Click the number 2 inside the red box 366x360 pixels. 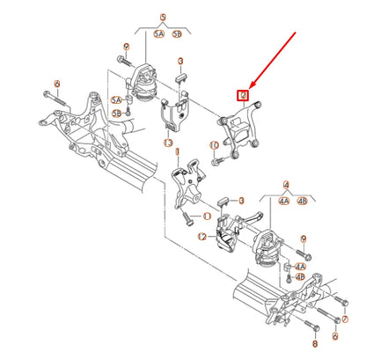243,95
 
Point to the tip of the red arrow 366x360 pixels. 249,88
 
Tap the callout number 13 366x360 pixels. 168,143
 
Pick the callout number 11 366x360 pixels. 206,215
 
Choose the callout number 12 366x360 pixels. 201,237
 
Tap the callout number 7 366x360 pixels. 57,85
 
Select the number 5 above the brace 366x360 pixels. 162,17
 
